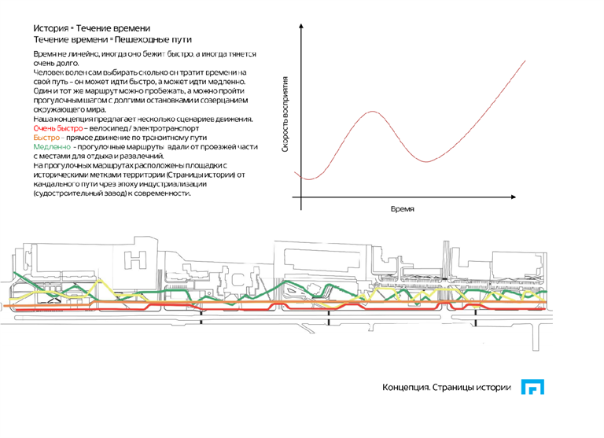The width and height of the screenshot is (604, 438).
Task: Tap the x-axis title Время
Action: (402, 209)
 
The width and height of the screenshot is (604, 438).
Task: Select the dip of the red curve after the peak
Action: (425, 161)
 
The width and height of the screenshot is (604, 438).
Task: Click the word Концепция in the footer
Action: (407, 388)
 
